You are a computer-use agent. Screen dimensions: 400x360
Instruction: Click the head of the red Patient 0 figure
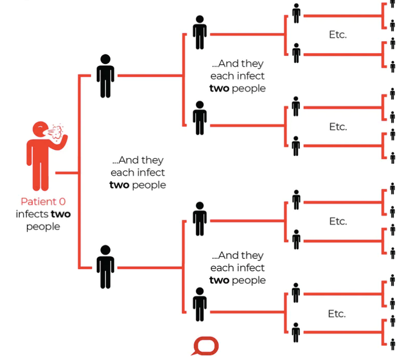40,129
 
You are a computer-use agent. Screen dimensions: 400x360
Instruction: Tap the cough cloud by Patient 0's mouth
57,132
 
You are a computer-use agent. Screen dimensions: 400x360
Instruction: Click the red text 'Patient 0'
43,201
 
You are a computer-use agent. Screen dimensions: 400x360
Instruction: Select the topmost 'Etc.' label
338,34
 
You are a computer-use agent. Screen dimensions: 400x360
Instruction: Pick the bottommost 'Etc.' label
337,313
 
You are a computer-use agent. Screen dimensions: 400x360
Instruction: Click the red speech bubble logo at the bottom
205,346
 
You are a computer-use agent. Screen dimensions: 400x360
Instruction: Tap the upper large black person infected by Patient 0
106,76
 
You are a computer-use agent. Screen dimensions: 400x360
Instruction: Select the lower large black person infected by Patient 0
106,267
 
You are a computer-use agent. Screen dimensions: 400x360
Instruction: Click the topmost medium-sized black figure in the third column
200,32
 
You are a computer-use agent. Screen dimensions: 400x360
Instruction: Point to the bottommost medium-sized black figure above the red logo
200,304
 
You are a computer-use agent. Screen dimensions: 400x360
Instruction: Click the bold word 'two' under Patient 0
60,214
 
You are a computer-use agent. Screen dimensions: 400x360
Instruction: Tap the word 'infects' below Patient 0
32,214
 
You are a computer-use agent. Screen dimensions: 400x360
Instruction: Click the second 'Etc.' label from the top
338,127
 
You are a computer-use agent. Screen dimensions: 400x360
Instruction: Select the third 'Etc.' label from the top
338,221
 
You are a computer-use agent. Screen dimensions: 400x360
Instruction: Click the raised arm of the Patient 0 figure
60,144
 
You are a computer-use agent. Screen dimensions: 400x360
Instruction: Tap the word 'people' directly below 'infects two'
43,227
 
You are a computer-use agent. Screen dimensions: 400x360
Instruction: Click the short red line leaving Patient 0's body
67,173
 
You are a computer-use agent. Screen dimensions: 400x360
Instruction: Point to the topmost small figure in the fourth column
296,13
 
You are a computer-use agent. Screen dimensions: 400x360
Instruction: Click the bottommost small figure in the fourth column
296,332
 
